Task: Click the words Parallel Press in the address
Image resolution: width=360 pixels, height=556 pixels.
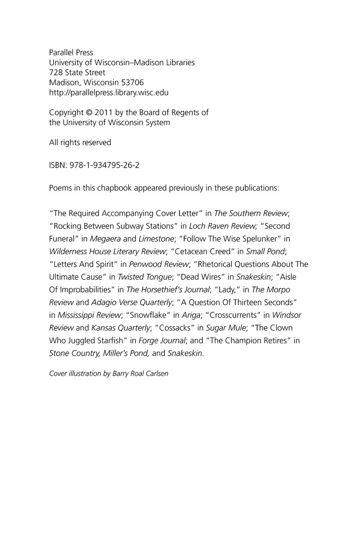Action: pyautogui.click(x=71, y=52)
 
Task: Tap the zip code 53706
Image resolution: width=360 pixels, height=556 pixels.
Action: pyautogui.click(x=133, y=83)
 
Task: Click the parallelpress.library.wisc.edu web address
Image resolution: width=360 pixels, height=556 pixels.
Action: pyautogui.click(x=109, y=92)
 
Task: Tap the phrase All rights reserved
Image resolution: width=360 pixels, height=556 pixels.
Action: pyautogui.click(x=80, y=142)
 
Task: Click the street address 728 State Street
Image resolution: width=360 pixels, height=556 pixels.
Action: pyautogui.click(x=77, y=73)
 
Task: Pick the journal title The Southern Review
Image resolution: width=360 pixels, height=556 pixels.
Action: pyautogui.click(x=251, y=213)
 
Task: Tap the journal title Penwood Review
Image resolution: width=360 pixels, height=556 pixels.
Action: pyautogui.click(x=159, y=264)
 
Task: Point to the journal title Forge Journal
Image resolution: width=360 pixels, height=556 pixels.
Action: pyautogui.click(x=162, y=340)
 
